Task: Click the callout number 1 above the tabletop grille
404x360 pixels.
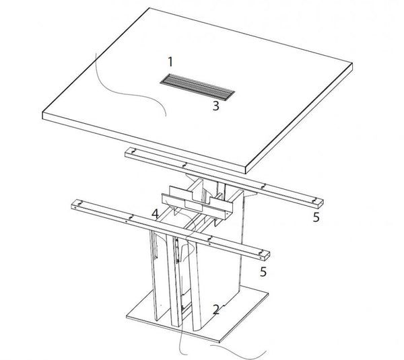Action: (170, 62)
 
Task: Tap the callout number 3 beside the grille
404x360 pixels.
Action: (215, 106)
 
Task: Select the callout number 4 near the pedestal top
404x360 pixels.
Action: (155, 214)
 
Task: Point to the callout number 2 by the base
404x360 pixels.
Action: (215, 310)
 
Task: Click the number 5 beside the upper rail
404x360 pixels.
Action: (316, 217)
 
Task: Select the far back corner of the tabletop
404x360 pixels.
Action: (149, 8)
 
